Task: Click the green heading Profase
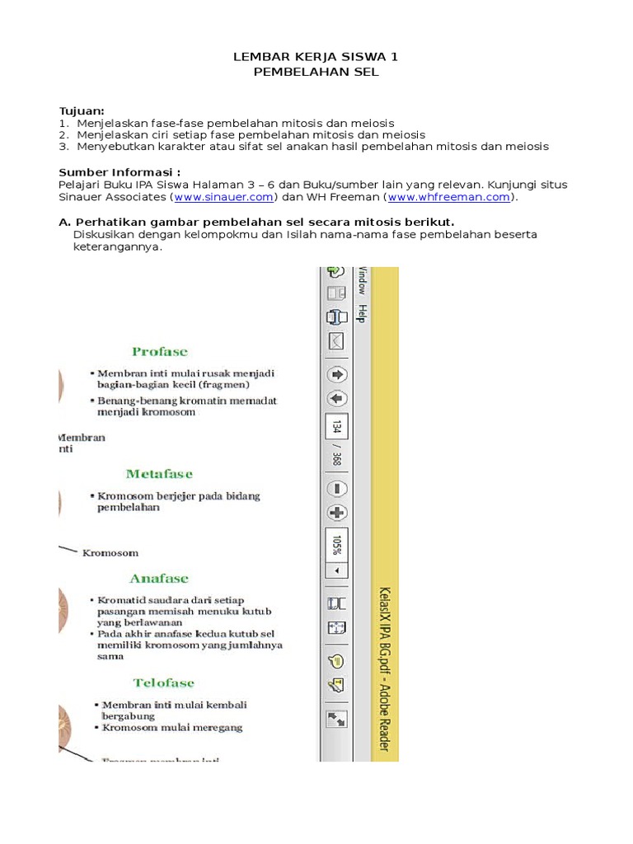(159, 352)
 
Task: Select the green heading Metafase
(159, 474)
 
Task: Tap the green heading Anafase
(158, 579)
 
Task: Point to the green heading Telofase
(163, 682)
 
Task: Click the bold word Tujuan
(81, 110)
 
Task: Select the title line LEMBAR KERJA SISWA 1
(316, 57)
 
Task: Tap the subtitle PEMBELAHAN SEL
(316, 72)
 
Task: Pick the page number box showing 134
(336, 427)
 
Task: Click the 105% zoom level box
(336, 545)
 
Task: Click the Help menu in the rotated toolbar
(361, 314)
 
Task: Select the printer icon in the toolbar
(336, 316)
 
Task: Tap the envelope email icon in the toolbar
(336, 340)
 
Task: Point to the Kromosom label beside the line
(110, 553)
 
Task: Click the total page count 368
(336, 457)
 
